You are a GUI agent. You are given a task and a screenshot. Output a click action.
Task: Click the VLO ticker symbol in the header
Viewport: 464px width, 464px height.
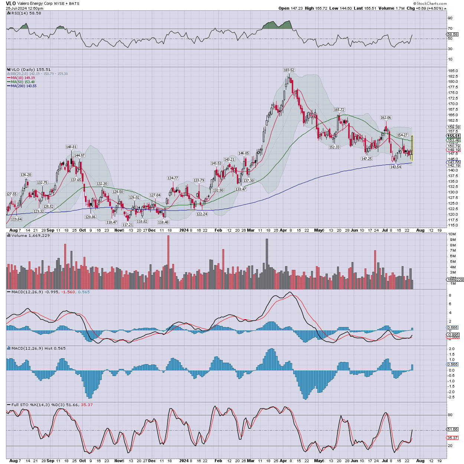[11, 3]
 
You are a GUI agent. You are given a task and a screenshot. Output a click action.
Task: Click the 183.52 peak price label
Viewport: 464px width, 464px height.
[289, 70]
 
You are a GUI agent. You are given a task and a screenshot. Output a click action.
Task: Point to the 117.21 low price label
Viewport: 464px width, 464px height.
[128, 225]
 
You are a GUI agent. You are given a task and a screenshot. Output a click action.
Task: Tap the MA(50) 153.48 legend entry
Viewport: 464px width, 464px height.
[23, 82]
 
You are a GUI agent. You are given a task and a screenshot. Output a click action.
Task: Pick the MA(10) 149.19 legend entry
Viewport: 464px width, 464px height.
[23, 78]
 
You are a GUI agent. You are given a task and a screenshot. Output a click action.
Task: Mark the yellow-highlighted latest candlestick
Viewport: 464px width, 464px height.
[412, 148]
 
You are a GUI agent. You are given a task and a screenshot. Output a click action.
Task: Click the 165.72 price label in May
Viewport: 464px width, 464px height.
[339, 110]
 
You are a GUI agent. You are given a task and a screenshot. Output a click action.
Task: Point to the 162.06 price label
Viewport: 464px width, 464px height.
[386, 118]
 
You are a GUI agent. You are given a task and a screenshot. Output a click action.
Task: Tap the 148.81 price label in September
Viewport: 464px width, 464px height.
[71, 147]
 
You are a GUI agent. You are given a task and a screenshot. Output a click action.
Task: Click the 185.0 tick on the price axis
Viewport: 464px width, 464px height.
[453, 71]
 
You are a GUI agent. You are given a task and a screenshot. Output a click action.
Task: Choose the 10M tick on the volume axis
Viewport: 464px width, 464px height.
[452, 234]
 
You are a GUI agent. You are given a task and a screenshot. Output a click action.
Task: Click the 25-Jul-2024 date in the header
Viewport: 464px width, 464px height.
[16, 8]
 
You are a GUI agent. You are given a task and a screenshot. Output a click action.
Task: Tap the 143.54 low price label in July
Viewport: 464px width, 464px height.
[395, 167]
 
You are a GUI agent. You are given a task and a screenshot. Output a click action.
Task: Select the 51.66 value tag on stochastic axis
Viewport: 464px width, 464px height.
[452, 429]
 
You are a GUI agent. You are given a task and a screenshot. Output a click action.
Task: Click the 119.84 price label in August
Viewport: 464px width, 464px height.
[16, 219]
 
